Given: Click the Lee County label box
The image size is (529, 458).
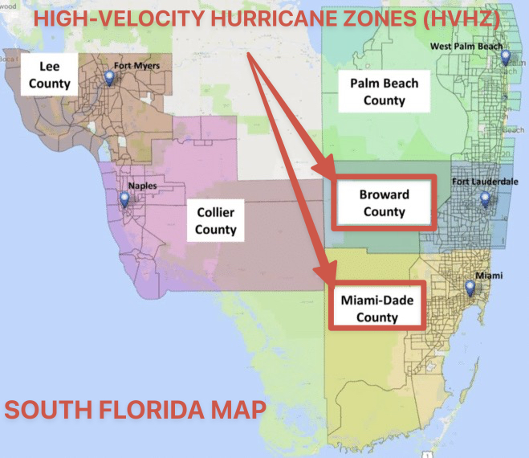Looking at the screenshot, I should pos(50,73).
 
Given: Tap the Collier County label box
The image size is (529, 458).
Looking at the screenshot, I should pos(215,219).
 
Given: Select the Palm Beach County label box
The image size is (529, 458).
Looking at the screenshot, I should pos(384,92).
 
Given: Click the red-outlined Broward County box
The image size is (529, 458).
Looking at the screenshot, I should pos(384,204).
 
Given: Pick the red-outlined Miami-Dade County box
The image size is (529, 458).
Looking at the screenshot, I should pos(376,308).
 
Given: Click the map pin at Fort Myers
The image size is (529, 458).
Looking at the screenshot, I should pos(110,78).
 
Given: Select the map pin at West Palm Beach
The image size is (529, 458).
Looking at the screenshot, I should pos(506,57).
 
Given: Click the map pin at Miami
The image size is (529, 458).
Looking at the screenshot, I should pos(471,288).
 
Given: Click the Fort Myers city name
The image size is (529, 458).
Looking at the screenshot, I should pos(136,66).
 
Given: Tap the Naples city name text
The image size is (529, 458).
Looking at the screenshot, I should pos(143,186).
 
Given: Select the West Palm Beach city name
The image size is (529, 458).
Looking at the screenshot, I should pos(466,47).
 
